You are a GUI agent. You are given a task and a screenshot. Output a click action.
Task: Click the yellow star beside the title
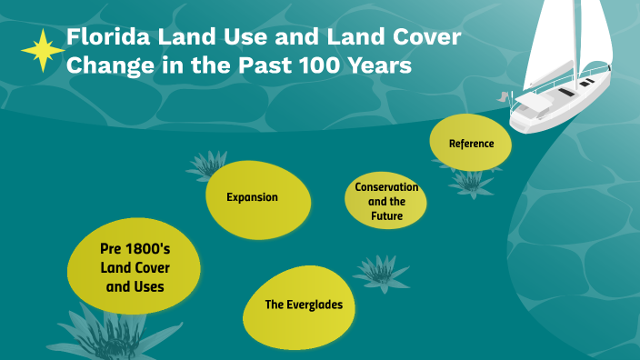point(42,50)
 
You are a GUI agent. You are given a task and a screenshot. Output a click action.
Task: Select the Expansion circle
point(252,197)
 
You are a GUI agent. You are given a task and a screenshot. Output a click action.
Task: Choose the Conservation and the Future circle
point(386,202)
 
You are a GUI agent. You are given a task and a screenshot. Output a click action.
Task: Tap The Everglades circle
point(303,305)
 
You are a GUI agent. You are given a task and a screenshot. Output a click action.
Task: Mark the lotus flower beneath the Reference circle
point(472,183)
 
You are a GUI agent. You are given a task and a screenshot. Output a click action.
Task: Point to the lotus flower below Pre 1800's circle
point(91,332)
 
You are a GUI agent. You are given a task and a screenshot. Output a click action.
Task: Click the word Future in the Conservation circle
point(386,216)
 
